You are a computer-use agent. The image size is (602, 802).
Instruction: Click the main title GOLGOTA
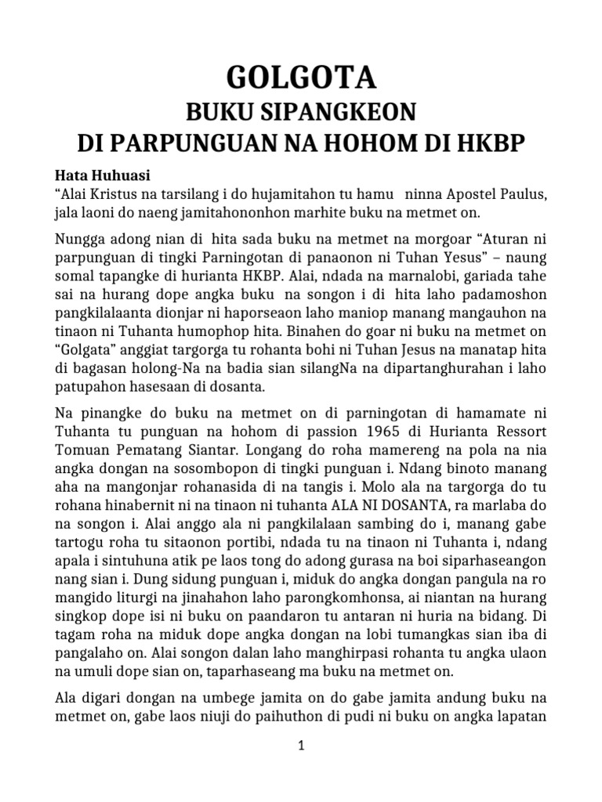coord(301,78)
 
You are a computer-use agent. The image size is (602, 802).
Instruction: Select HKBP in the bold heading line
coord(494,145)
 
